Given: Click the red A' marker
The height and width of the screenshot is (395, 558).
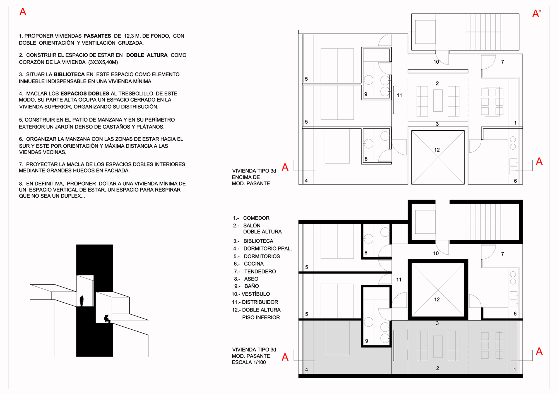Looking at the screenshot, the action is click(537, 13).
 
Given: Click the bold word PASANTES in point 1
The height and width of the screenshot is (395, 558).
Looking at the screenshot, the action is click(97, 36).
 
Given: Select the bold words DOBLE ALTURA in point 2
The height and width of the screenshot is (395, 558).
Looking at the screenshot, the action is click(147, 55).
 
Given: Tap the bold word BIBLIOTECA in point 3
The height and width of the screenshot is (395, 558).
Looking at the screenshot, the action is click(69, 75).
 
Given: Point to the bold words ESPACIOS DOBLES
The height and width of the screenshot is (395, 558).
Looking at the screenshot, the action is click(85, 94).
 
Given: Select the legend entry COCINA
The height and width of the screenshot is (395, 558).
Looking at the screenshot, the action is click(254, 264).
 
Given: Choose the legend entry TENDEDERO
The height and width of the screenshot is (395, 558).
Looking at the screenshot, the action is click(260, 271).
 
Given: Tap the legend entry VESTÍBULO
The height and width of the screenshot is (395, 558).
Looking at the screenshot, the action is click(256, 294).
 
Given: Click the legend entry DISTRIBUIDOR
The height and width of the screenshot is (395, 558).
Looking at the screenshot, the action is click(260, 302).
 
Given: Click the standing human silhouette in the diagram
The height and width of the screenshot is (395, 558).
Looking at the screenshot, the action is click(82, 301).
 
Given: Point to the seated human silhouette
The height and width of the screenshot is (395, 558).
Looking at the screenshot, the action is click(107, 319).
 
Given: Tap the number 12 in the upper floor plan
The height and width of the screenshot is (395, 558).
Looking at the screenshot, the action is click(437, 150).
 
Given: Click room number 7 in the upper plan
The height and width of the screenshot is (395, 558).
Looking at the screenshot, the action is click(502, 62).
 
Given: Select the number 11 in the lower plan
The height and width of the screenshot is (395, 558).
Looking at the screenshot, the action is click(399, 279).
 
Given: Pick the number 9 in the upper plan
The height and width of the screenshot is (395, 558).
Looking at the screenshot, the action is click(365, 94).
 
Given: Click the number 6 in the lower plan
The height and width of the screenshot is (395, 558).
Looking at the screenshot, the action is click(515, 314).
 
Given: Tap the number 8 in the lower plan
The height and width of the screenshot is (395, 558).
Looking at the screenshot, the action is click(366, 253).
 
